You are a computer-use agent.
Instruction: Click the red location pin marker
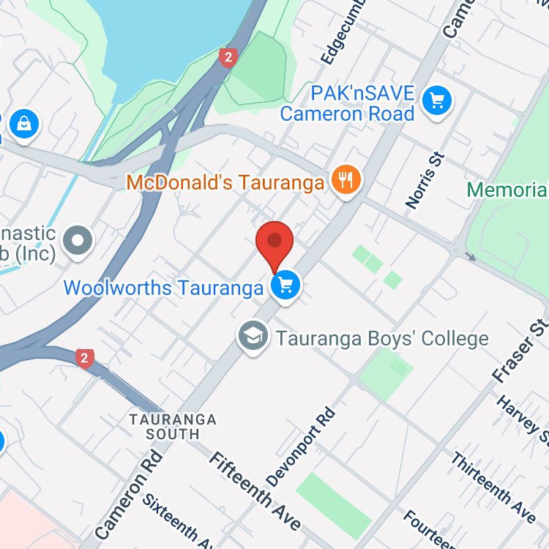click(274, 242)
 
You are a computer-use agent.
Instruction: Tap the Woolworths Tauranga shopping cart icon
click(285, 285)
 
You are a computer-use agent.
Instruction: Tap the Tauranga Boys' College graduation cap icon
click(253, 337)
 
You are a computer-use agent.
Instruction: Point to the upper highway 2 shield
click(228, 57)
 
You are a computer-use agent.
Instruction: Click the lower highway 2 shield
click(85, 358)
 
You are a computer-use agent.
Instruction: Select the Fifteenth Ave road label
click(255, 490)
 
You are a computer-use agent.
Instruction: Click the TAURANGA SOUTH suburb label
click(173, 427)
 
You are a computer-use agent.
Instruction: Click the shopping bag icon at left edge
click(23, 122)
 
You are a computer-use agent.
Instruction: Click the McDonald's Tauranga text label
click(225, 182)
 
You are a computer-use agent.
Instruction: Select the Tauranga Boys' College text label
click(381, 339)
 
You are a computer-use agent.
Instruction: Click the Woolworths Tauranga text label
click(163, 288)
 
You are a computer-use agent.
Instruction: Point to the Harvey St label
click(523, 421)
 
